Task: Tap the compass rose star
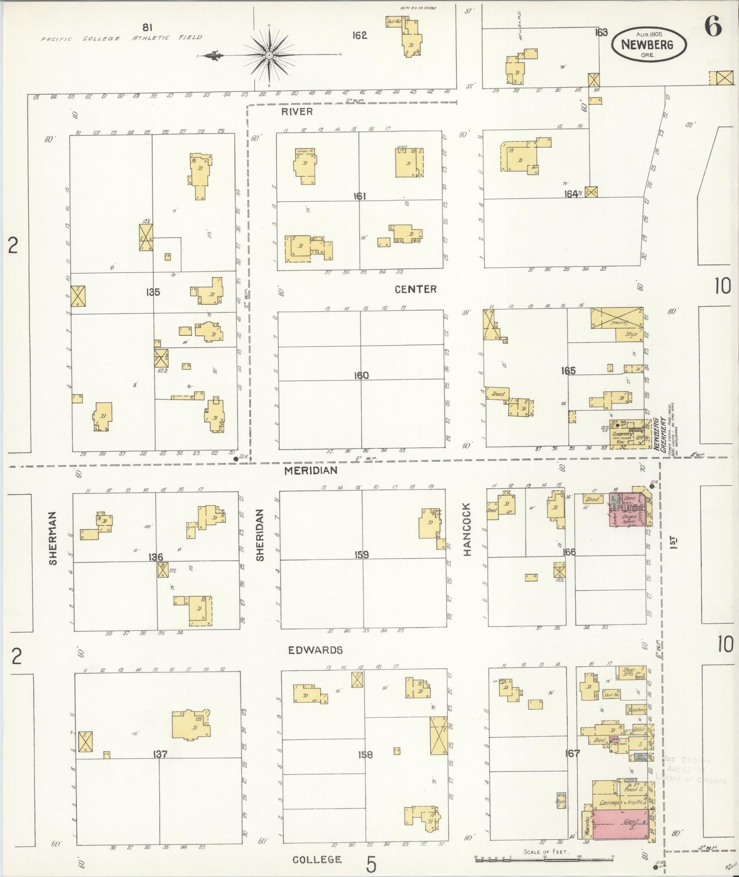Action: (x=269, y=55)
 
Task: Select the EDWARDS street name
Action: (x=315, y=650)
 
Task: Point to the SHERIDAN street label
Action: (x=260, y=535)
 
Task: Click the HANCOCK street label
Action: (x=467, y=530)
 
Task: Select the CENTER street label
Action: (x=416, y=289)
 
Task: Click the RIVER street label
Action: (x=297, y=112)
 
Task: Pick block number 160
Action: (x=361, y=375)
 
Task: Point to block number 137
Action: (x=160, y=754)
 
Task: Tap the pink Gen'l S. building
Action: (x=621, y=824)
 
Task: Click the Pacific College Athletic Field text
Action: (x=121, y=38)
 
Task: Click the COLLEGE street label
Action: (x=317, y=859)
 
